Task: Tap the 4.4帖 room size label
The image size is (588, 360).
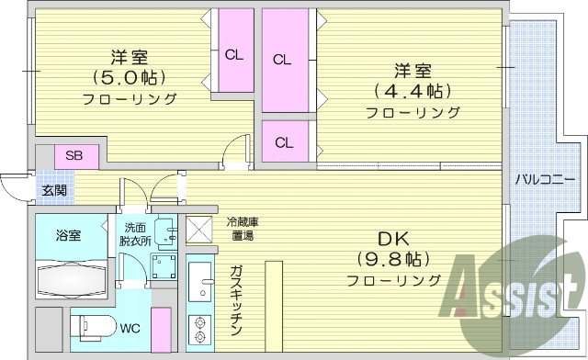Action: pos(412,91)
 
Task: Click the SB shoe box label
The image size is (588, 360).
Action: pos(74,155)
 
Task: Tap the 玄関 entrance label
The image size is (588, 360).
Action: pos(53,191)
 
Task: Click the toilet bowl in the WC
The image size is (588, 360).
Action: pos(92,327)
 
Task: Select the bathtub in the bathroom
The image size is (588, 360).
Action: pos(73,276)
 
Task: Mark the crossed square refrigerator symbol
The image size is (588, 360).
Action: pos(199,229)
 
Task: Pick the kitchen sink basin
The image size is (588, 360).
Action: pos(199,282)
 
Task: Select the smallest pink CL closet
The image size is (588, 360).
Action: pos(284,141)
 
